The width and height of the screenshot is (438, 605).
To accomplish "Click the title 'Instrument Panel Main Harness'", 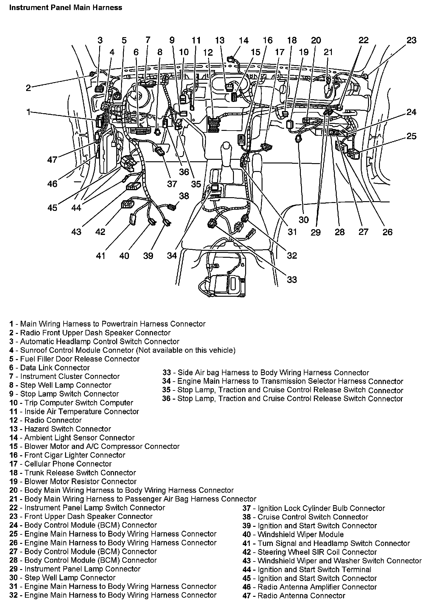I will [x=65, y=7].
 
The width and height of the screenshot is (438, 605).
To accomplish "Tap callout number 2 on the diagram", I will [x=28, y=88].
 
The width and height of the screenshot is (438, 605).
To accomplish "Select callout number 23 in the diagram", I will [x=411, y=40].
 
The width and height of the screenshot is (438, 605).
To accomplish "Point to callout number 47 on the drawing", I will [x=52, y=159].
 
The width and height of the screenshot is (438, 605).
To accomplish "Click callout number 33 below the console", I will [x=292, y=279].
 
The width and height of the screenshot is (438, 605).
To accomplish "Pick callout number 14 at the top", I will [x=243, y=40].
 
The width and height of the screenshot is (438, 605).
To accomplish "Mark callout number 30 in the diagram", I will [x=304, y=220].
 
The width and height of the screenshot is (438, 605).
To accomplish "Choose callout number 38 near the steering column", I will [x=184, y=196].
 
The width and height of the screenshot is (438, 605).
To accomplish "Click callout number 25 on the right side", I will [x=411, y=136].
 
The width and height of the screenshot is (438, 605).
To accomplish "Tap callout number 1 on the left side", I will [x=28, y=112].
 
